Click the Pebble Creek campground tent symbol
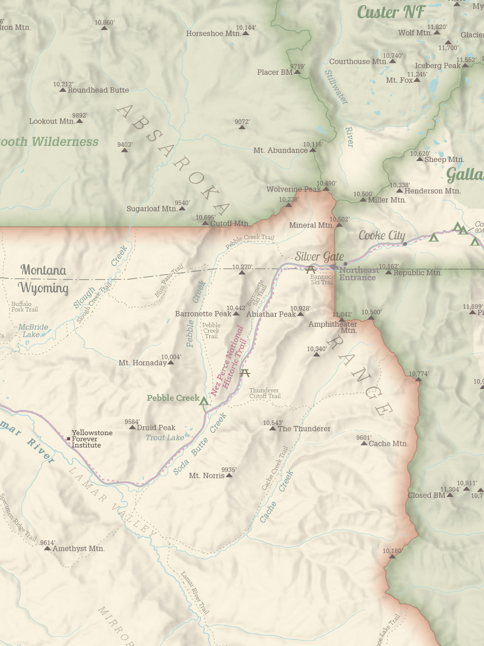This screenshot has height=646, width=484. (x=204, y=401)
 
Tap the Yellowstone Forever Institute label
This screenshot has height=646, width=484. (x=92, y=439)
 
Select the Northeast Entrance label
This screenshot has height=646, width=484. (x=359, y=274)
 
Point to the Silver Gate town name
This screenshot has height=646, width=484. (x=319, y=257)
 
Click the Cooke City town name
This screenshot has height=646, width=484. (x=382, y=236)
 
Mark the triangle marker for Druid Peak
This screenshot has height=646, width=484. (x=132, y=427)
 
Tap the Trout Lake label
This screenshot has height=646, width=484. (x=165, y=437)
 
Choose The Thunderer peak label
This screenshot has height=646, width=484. (x=304, y=429)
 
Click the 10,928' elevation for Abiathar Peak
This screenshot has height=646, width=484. (x=300, y=308)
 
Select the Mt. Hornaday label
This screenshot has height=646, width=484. (x=142, y=363)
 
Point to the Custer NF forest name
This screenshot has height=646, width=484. (x=391, y=12)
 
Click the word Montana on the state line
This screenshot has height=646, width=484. (x=43, y=270)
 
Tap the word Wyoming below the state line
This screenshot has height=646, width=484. (x=43, y=288)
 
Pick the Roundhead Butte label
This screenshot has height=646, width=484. (x=98, y=90)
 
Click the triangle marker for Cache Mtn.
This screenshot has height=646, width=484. (x=364, y=443)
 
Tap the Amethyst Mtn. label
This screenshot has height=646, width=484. (x=78, y=549)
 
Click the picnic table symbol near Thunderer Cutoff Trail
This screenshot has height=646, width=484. (x=245, y=373)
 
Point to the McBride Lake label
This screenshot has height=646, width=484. (x=33, y=330)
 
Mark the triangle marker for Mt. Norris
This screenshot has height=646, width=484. (x=229, y=475)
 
